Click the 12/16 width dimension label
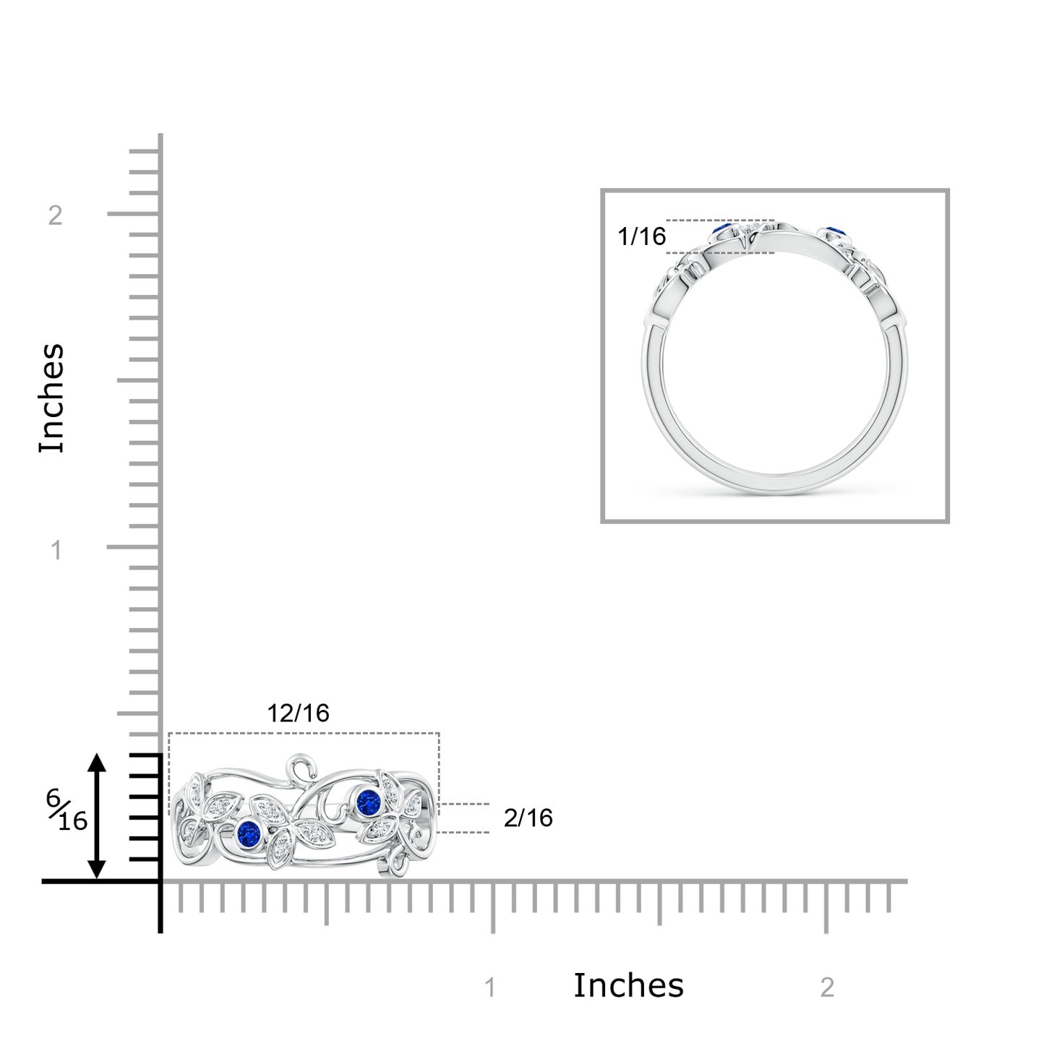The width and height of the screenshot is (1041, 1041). [298, 714]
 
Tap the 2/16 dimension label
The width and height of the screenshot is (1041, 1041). [528, 818]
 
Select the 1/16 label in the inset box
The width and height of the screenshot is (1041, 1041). [642, 236]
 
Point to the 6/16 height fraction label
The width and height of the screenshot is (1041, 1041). [67, 818]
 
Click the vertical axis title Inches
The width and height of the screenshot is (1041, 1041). [51, 398]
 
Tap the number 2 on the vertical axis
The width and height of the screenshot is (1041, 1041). [55, 216]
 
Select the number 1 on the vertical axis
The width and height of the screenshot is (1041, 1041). [56, 550]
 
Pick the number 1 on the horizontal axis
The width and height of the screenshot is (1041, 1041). [490, 988]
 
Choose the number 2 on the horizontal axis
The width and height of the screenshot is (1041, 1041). [827, 988]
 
